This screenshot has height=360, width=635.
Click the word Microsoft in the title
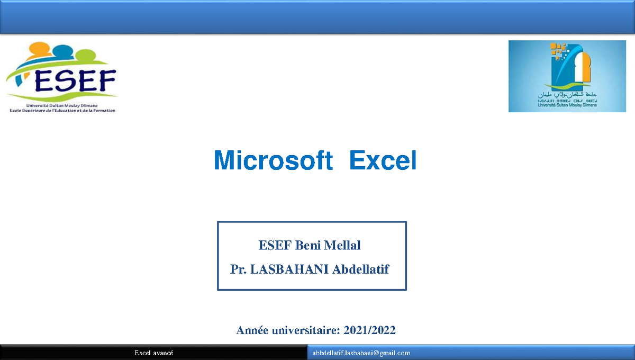(x=273, y=160)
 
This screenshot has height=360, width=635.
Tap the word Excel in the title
(x=383, y=160)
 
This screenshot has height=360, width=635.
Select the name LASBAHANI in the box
(x=289, y=269)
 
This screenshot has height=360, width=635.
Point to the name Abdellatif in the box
(x=360, y=269)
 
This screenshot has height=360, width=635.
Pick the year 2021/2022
(x=369, y=330)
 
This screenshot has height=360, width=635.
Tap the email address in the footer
(x=361, y=353)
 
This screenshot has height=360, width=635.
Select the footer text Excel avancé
(x=153, y=353)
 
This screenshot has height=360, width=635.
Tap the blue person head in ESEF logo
(x=63, y=51)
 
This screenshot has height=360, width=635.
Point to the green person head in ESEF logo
(x=85, y=55)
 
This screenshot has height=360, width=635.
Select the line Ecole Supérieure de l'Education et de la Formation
(x=62, y=110)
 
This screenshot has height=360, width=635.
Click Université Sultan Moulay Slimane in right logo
(x=566, y=105)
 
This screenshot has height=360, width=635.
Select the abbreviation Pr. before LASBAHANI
(x=238, y=269)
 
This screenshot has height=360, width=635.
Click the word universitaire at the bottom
(x=306, y=330)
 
